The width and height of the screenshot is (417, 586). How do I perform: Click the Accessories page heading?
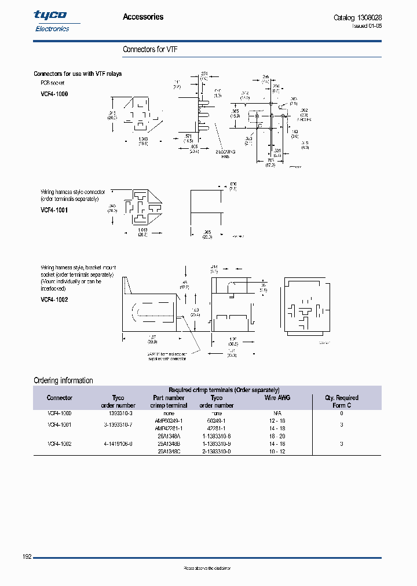[143, 17]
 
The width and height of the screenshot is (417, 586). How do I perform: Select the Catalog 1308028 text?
[357, 17]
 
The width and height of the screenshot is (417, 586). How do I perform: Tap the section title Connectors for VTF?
[150, 50]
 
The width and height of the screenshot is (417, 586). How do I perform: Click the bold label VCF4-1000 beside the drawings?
[54, 93]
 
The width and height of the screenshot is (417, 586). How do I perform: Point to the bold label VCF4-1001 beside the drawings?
[54, 210]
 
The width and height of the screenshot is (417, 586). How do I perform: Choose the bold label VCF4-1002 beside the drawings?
[54, 300]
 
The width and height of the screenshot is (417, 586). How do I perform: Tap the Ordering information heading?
[63, 380]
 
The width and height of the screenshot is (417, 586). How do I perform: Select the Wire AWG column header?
[277, 398]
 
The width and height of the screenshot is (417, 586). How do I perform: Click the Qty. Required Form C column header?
[342, 401]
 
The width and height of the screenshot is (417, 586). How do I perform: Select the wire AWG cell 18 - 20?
[277, 436]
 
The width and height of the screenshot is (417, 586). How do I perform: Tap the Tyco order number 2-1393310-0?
[217, 451]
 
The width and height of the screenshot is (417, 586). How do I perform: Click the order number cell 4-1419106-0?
[118, 444]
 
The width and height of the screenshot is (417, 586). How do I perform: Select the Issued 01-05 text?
[367, 26]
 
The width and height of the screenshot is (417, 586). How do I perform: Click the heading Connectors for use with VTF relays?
[78, 74]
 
